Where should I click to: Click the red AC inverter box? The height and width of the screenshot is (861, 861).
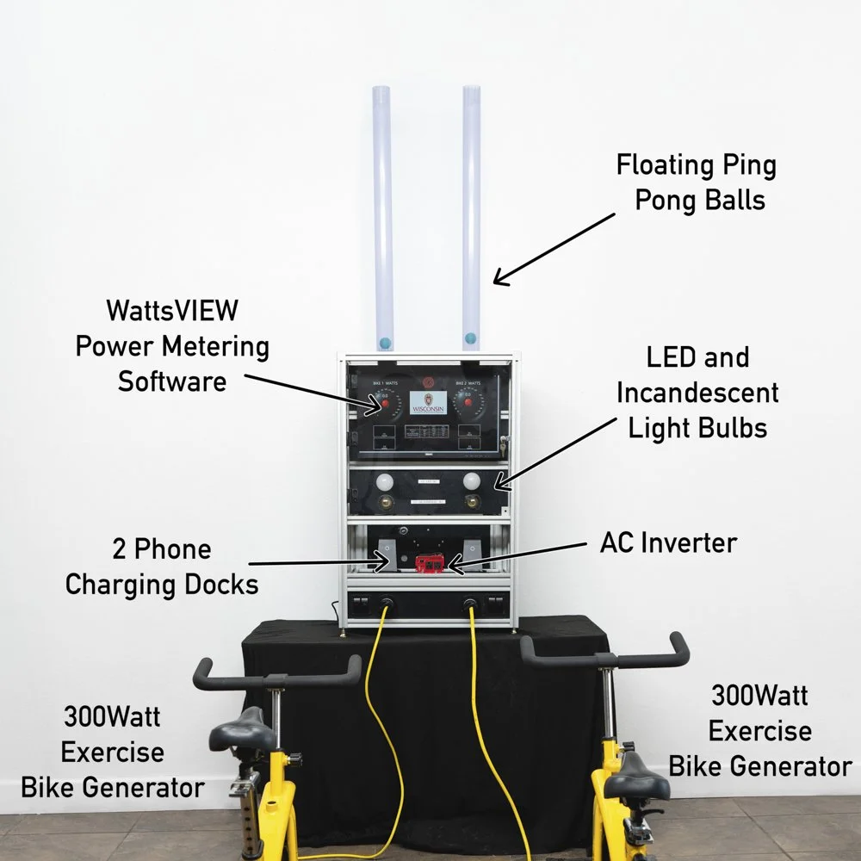[430, 563]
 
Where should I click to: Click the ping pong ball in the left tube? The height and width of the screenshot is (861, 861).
[385, 343]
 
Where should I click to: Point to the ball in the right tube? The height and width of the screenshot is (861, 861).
[470, 337]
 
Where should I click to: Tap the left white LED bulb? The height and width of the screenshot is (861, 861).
[387, 480]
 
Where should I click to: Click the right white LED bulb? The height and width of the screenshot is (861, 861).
[471, 480]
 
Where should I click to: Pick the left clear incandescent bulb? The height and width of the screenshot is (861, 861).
[387, 500]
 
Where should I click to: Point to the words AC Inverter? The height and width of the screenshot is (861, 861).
[668, 543]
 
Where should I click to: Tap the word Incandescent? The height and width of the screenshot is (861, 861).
[697, 393]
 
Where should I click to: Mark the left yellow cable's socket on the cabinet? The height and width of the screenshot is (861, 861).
[387, 603]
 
